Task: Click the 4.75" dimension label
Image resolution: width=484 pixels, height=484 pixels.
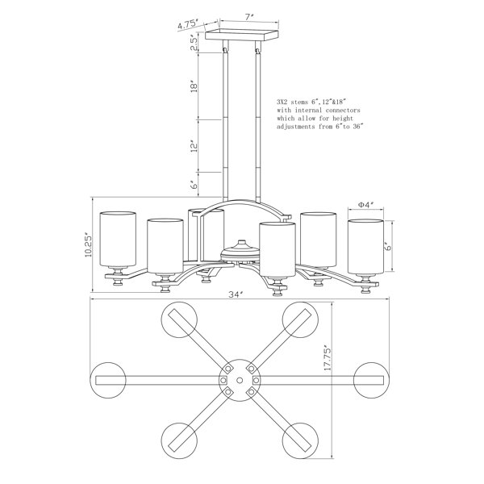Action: coord(188,24)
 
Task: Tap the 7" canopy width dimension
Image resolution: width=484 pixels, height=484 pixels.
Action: coord(249,17)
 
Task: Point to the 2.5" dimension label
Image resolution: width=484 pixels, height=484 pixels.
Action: coord(194,43)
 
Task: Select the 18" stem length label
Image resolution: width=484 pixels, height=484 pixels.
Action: coord(194,86)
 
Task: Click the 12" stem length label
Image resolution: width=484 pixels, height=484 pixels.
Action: coord(194,146)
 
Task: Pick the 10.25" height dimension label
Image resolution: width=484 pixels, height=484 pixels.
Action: coord(88,246)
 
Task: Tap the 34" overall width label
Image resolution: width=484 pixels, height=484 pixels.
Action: coord(236,294)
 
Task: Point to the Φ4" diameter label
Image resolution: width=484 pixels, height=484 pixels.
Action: coord(365,204)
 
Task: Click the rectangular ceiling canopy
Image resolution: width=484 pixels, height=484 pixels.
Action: coord(242,35)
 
